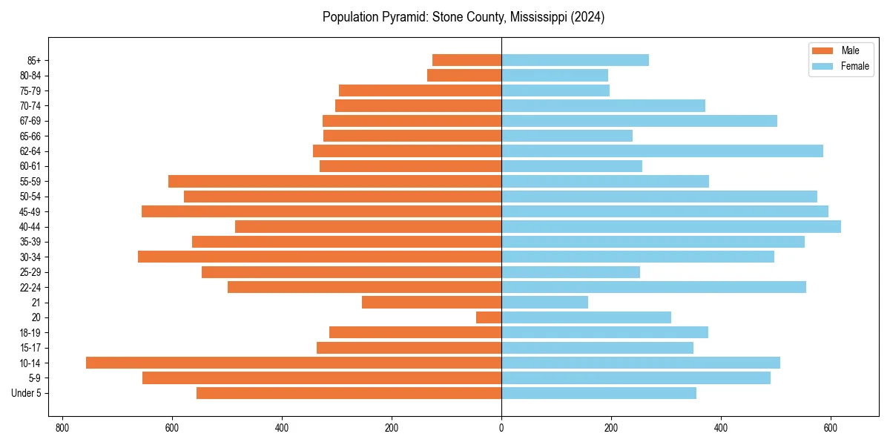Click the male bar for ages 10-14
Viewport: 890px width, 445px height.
point(294,363)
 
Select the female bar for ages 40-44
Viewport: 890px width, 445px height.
point(671,226)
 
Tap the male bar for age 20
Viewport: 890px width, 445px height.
point(489,317)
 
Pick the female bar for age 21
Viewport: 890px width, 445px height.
point(544,302)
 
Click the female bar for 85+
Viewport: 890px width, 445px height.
point(575,60)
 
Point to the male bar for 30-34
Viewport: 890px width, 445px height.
point(320,257)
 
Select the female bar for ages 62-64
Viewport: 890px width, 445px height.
point(662,151)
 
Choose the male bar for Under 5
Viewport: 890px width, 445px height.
point(349,393)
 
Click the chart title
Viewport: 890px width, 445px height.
point(464,17)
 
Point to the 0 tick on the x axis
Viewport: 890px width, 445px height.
point(501,427)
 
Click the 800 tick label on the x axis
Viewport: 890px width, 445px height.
point(62,427)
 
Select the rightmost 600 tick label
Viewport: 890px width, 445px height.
point(831,427)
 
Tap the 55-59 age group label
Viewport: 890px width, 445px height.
point(31,181)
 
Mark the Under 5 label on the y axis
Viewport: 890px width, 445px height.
point(27,393)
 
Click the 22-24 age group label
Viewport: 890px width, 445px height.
point(31,287)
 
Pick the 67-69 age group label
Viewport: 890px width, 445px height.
point(31,121)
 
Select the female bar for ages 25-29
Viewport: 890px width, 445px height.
point(570,272)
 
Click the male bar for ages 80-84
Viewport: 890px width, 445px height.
point(464,75)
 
